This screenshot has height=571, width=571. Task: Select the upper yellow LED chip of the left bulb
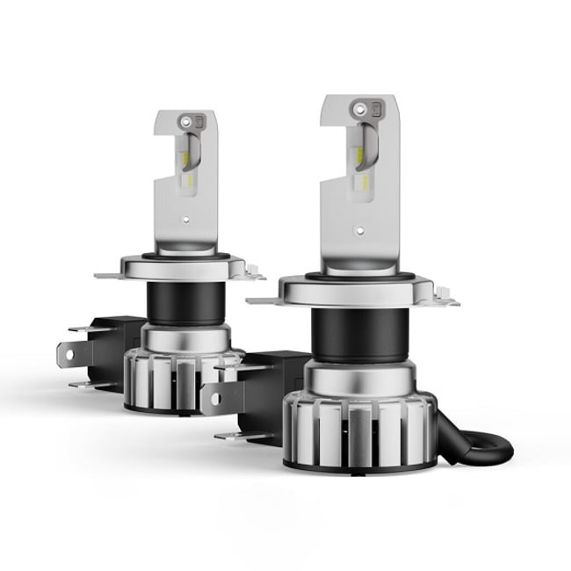point(186,159)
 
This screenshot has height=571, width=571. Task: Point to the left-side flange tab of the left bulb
point(107,275)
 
